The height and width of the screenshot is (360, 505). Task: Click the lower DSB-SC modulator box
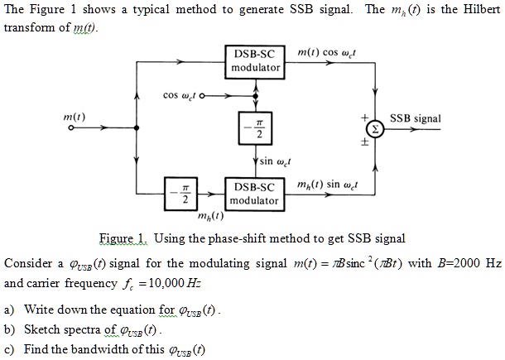pos(254,194)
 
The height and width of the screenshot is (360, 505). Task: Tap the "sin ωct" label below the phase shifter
pos(276,161)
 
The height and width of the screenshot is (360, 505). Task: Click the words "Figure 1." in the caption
pos(123,238)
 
